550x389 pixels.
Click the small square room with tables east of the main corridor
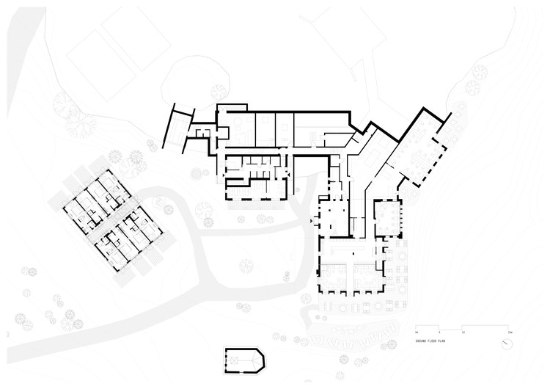(x=386, y=215)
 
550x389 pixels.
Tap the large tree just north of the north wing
(x=219, y=92)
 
